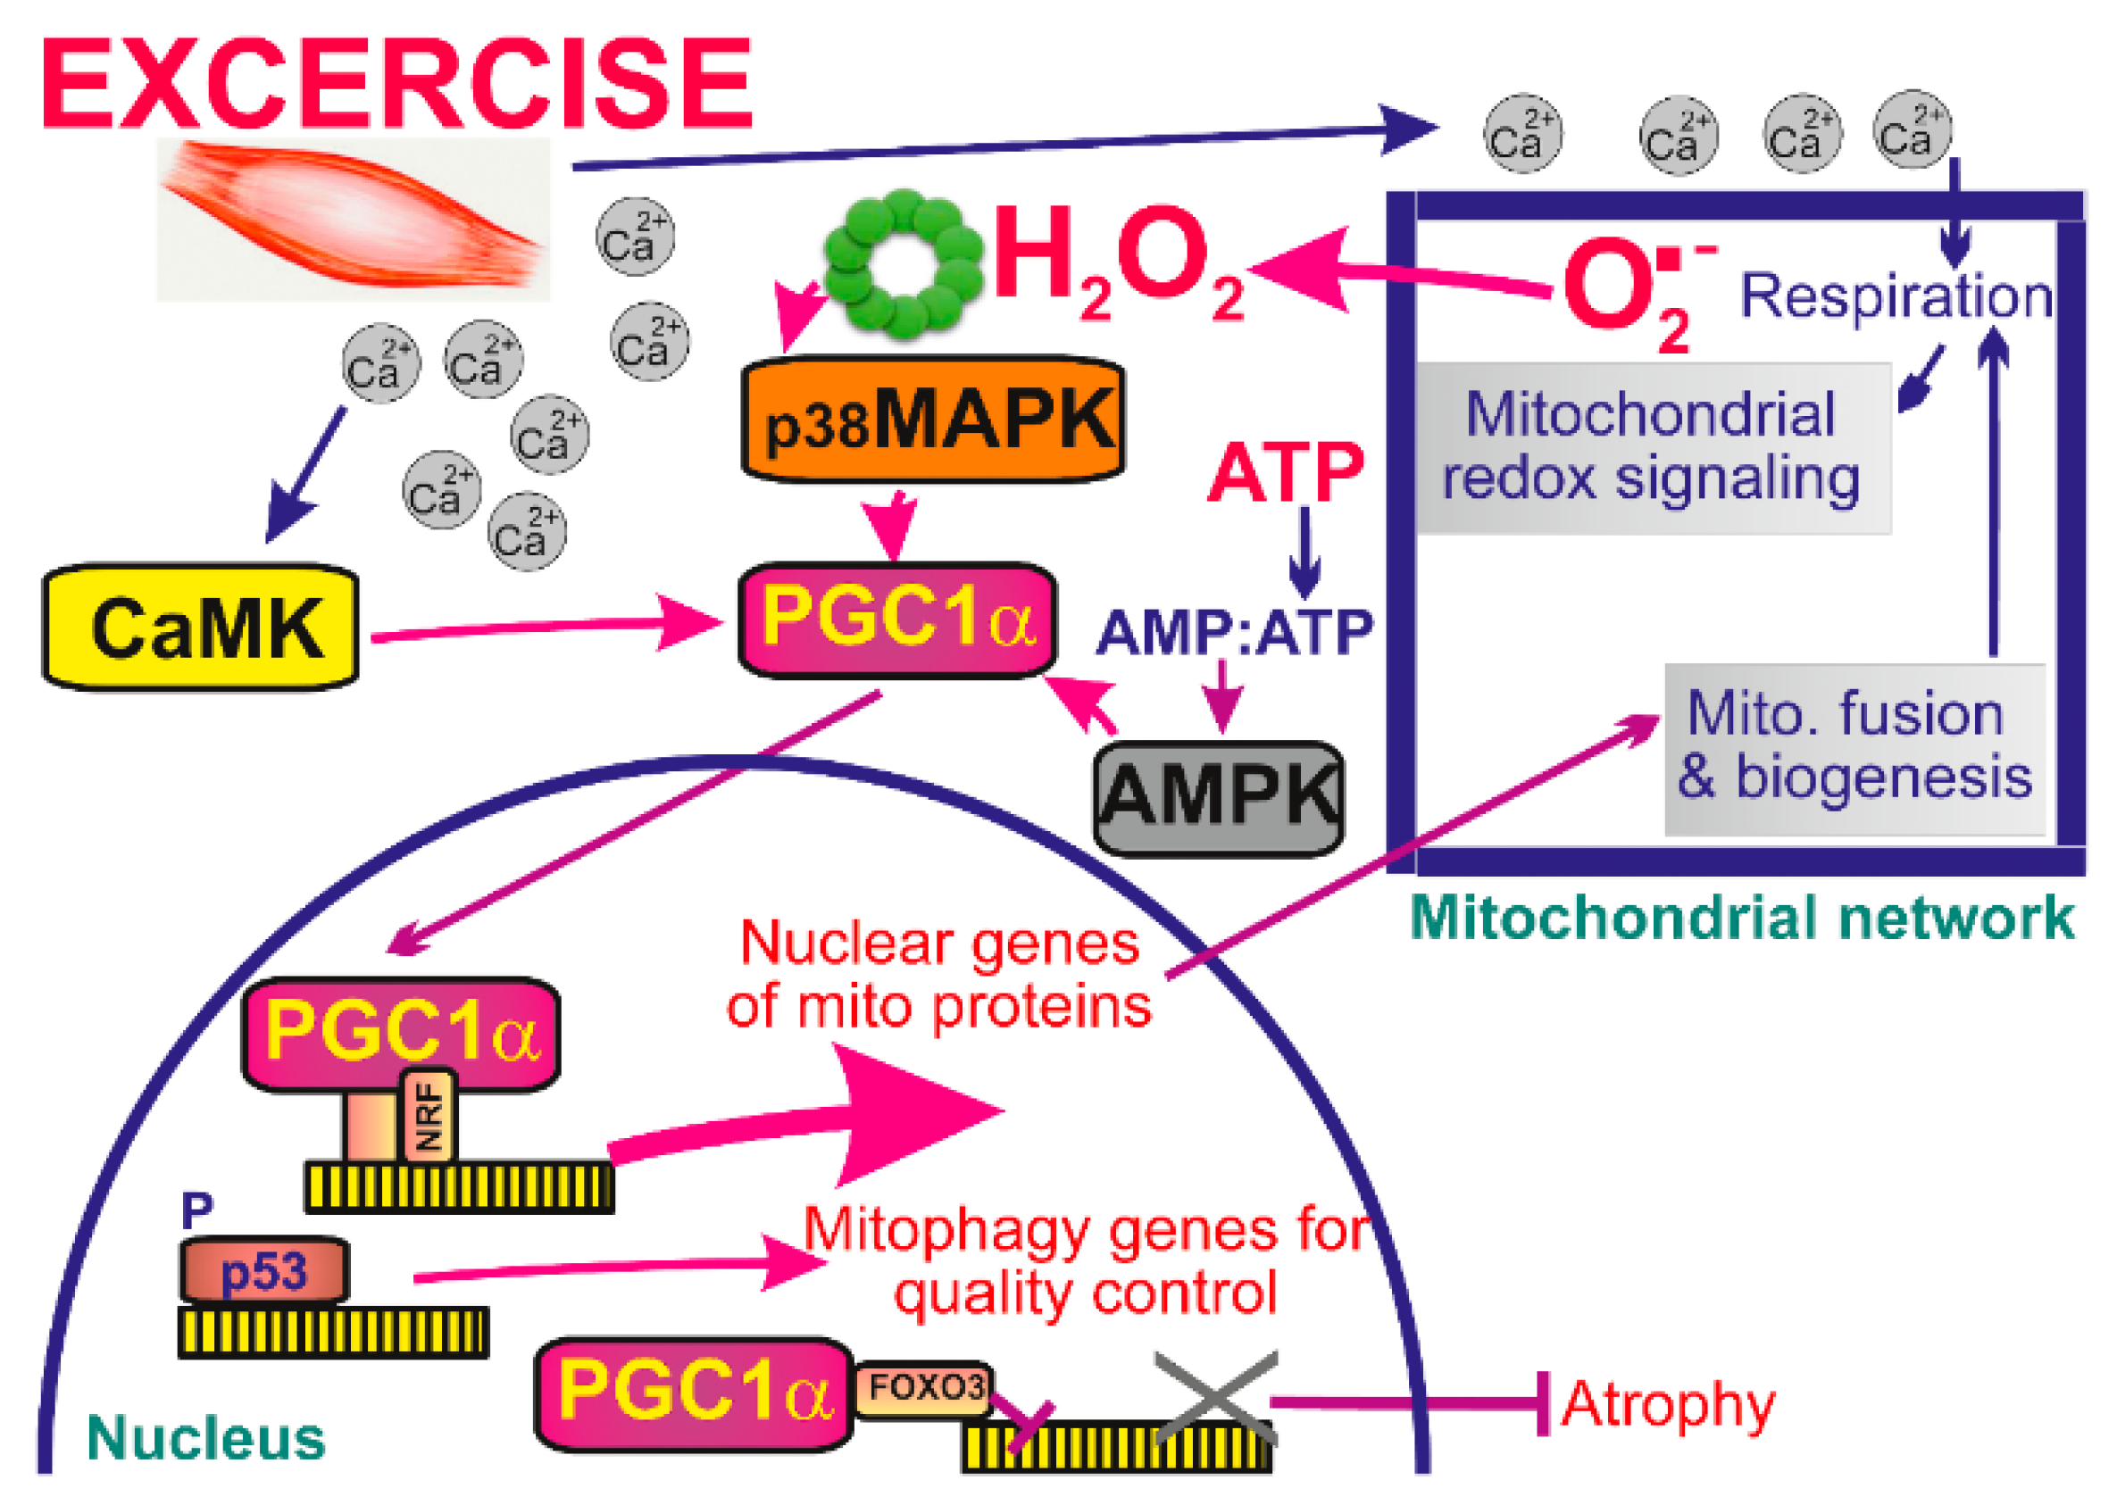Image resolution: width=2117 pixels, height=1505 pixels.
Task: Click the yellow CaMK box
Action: pyautogui.click(x=200, y=628)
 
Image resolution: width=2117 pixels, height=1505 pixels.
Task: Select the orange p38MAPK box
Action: pyautogui.click(x=932, y=420)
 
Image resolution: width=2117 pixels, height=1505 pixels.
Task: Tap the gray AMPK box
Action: pyautogui.click(x=1218, y=798)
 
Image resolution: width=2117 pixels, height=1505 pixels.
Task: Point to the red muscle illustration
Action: pyautogui.click(x=352, y=220)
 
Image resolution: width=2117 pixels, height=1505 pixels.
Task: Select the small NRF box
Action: pyautogui.click(x=429, y=1116)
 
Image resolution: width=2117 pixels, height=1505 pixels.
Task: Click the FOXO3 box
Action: pyautogui.click(x=924, y=1388)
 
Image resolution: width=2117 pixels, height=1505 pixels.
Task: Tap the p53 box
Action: pyautogui.click(x=264, y=1270)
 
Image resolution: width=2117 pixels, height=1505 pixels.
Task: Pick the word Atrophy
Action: pyautogui.click(x=1668, y=1404)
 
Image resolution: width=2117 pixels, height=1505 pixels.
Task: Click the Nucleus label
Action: pyautogui.click(x=205, y=1438)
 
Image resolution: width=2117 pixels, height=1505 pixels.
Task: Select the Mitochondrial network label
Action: pyautogui.click(x=1742, y=919)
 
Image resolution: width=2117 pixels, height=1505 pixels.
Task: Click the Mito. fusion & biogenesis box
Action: pyautogui.click(x=1854, y=748)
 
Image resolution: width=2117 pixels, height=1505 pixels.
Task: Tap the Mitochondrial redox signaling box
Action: pyautogui.click(x=1653, y=447)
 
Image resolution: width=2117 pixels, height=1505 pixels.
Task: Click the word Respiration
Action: pyautogui.click(x=1896, y=296)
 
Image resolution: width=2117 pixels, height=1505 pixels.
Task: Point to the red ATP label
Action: pyautogui.click(x=1286, y=472)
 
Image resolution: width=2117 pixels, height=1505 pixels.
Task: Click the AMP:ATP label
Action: pyautogui.click(x=1234, y=633)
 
